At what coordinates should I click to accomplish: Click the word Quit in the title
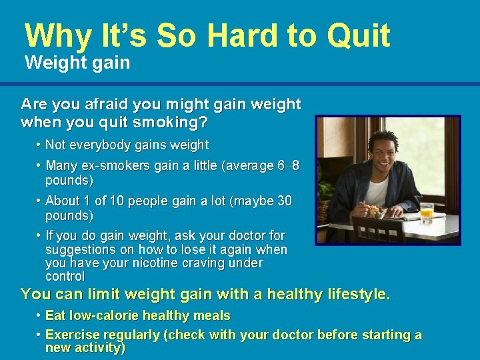tap(357, 35)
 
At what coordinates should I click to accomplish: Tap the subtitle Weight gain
tap(77, 63)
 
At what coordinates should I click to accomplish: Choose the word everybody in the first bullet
tap(101, 145)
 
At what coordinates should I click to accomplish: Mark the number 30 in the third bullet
tap(284, 201)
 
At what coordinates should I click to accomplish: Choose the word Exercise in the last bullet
tap(70, 335)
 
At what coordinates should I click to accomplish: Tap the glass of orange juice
tap(427, 213)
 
